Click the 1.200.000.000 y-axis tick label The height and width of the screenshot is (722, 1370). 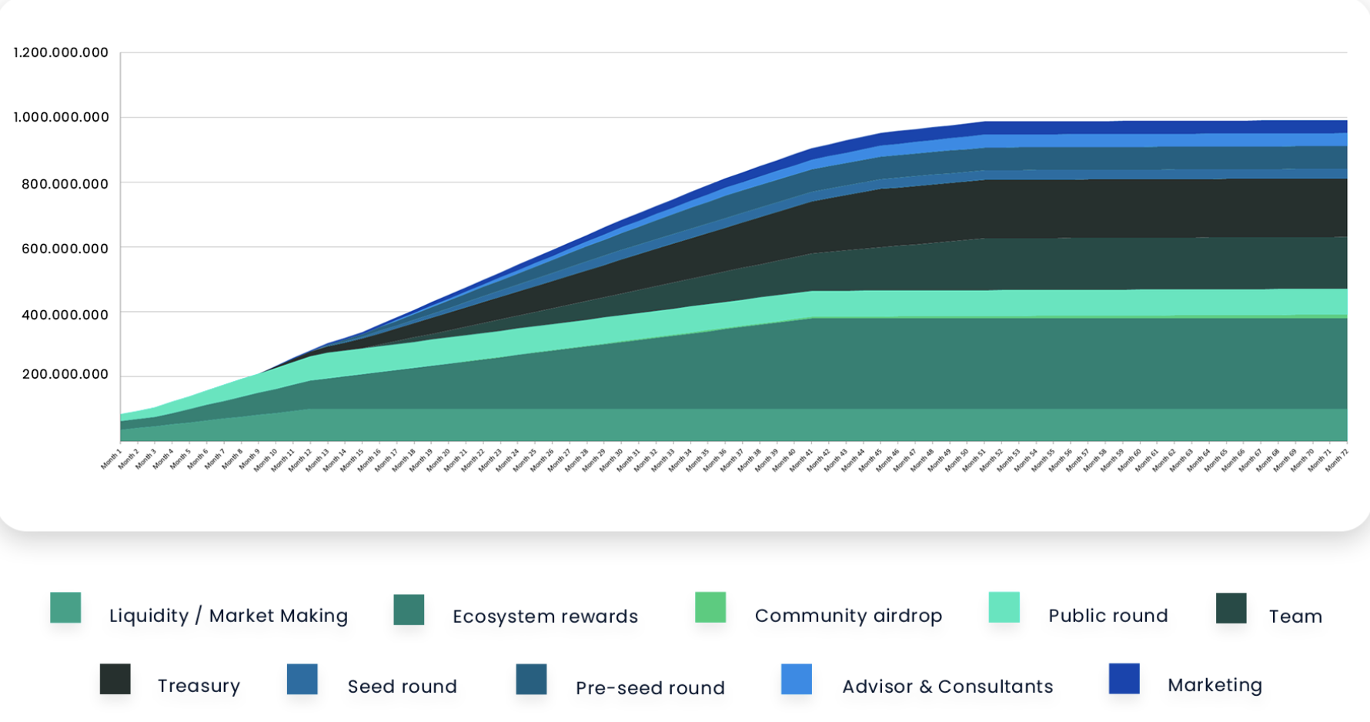[61, 52]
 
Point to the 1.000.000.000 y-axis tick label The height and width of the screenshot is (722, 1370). [61, 117]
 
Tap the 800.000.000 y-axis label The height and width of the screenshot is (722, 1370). [65, 183]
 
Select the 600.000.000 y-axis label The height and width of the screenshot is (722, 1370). [65, 248]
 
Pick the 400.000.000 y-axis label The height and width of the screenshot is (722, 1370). [65, 314]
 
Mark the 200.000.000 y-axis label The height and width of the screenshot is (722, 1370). [65, 374]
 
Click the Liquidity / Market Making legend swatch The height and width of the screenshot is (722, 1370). [65, 607]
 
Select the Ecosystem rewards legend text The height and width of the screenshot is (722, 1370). [545, 617]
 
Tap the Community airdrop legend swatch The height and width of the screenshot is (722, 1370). [710, 607]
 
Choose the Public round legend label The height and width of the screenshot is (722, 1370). [1108, 616]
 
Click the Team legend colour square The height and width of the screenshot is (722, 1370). [1231, 608]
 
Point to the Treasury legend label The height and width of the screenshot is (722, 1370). [199, 686]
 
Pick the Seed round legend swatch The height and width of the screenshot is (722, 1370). [302, 679]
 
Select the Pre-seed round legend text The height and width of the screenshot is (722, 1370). [650, 687]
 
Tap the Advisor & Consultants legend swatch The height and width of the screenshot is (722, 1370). [796, 679]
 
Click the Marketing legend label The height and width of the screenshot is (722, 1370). [1215, 685]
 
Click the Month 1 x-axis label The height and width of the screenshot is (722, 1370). [112, 460]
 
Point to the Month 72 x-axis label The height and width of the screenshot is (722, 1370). [1336, 460]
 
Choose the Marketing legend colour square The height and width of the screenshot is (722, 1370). [1124, 678]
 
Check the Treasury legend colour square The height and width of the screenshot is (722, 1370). [115, 679]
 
